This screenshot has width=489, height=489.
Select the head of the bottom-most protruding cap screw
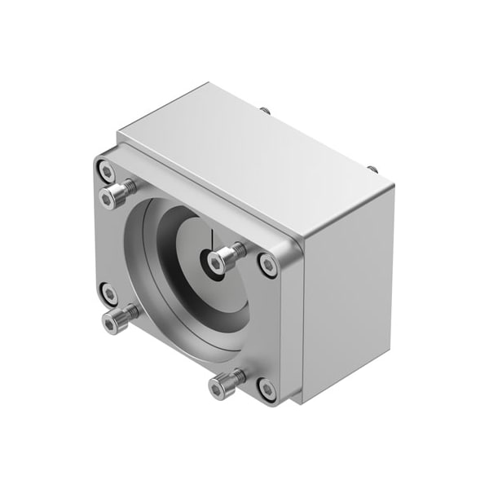tap(219, 388)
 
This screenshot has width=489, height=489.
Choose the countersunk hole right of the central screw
tap(267, 263)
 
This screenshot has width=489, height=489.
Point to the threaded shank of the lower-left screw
tap(128, 312)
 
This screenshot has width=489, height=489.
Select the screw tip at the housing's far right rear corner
tap(372, 169)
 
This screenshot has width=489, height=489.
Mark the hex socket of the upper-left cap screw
tap(110, 198)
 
